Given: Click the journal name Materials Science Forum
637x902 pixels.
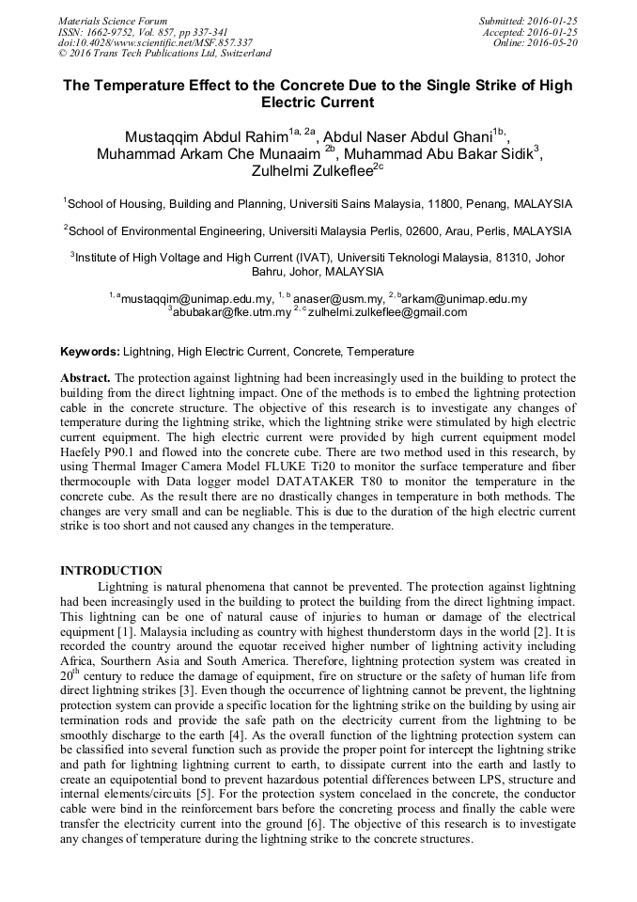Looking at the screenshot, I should pyautogui.click(x=113, y=20).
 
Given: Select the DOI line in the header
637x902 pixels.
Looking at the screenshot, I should pyautogui.click(x=155, y=42).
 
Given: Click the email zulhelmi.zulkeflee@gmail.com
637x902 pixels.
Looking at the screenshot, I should pyautogui.click(x=387, y=312).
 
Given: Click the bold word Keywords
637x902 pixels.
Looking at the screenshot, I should pyautogui.click(x=89, y=352).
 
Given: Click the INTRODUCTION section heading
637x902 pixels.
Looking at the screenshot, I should pyautogui.click(x=111, y=571).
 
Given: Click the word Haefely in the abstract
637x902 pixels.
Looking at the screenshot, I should pyautogui.click(x=83, y=452).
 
